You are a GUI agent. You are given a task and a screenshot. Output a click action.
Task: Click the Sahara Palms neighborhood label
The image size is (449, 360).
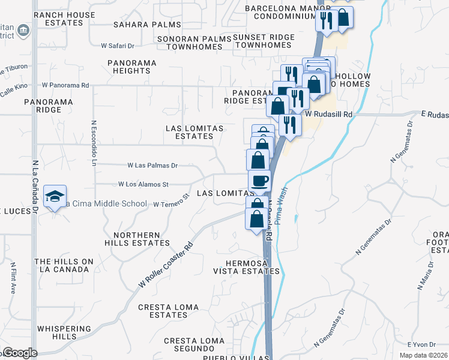tap(147, 25)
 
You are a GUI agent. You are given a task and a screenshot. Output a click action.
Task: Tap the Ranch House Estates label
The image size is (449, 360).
tap(65, 19)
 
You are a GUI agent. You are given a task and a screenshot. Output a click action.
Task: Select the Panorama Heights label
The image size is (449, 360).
tap(132, 67)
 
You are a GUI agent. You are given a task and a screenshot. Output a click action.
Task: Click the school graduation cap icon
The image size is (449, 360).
tap(55, 196)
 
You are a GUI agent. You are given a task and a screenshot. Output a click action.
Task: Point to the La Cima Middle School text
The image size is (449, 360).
tap(106, 204)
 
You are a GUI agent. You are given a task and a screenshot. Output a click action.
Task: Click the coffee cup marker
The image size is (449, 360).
tap(259, 181)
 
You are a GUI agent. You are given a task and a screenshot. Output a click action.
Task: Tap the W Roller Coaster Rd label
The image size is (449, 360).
tap(166, 265)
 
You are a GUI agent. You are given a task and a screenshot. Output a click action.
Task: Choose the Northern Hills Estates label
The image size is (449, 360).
tap(137, 239)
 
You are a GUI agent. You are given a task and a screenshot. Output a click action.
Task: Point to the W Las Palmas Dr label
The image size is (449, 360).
tap(152, 165)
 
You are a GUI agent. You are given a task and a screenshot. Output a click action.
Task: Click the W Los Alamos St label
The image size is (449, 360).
tap(143, 184)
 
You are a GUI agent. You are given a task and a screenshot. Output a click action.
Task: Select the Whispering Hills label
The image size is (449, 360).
tap(64, 333)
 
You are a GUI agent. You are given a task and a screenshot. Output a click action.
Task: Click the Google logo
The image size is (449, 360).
tap(19, 353)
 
